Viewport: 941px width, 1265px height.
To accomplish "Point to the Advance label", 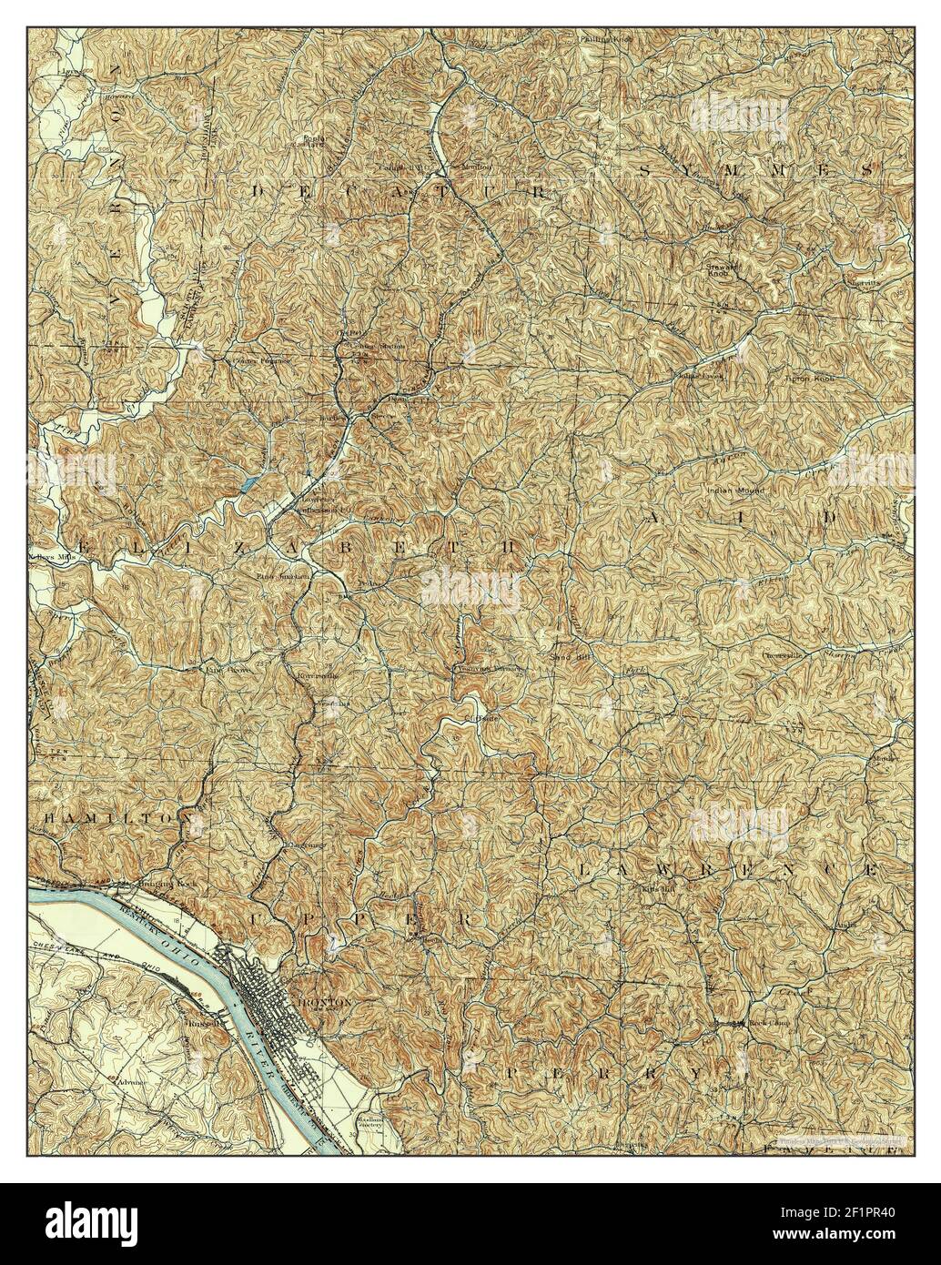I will tap(131, 1083).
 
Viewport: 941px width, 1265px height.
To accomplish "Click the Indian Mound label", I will tap(736, 491).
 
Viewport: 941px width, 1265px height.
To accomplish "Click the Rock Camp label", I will tap(769, 1022).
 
